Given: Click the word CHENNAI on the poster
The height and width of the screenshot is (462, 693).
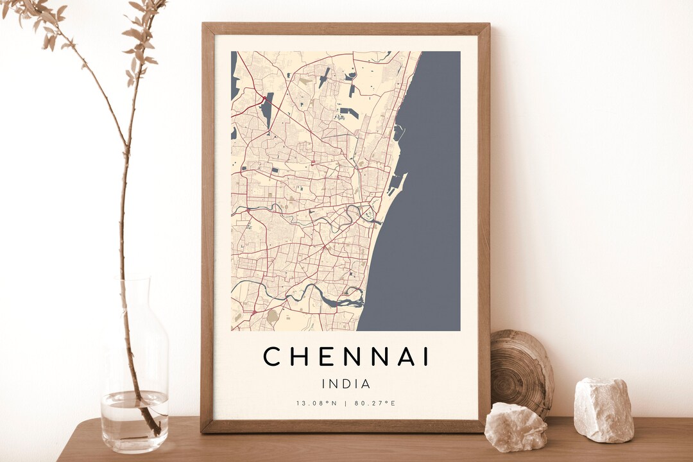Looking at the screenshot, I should (346, 357).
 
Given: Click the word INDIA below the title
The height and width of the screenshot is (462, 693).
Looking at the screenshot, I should (346, 384).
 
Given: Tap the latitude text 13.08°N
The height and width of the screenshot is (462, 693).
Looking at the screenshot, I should (316, 404).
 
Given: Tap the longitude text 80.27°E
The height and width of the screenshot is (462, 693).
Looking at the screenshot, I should (375, 404).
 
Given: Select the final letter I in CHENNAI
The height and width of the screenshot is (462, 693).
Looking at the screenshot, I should (425, 357).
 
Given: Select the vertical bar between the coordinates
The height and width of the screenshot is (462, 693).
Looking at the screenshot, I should (346, 404).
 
